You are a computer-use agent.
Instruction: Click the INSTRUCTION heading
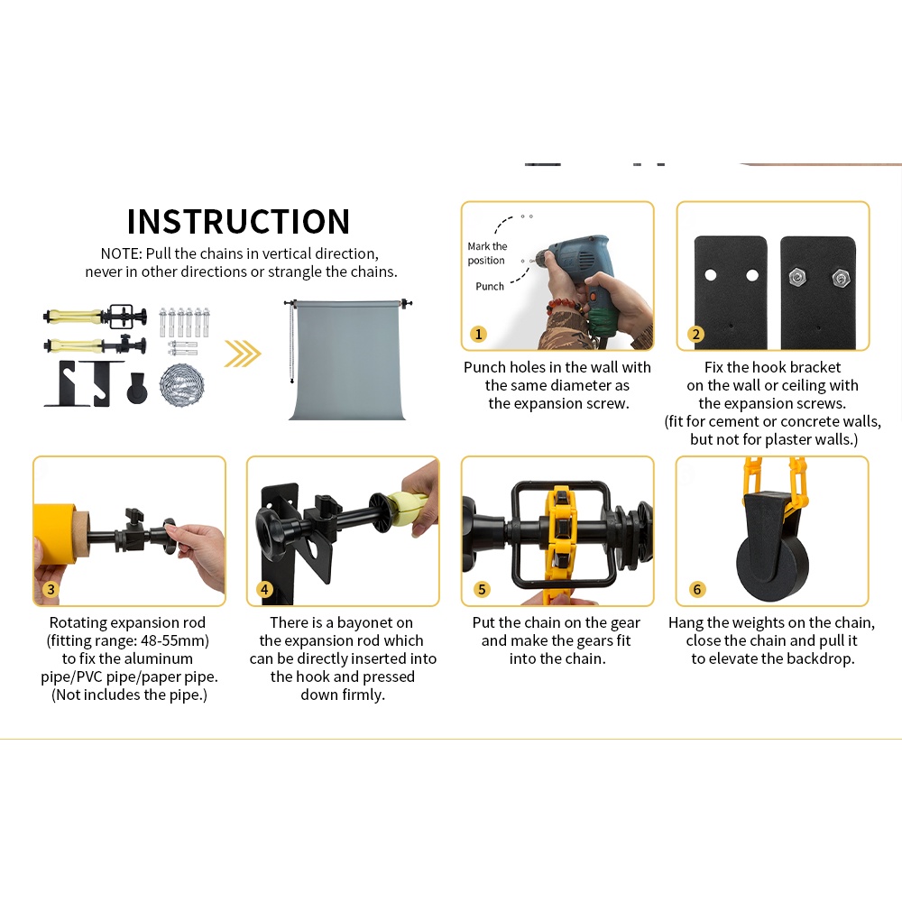tap(238, 222)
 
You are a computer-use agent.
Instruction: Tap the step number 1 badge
tap(479, 335)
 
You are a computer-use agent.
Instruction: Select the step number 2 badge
tap(695, 335)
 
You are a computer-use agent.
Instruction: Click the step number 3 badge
tap(51, 590)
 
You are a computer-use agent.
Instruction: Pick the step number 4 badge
tap(265, 590)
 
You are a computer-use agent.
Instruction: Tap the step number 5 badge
tap(482, 590)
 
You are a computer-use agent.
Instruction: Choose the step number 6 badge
tap(696, 590)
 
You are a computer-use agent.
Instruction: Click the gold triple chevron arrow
tap(242, 354)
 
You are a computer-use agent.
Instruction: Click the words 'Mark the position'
tap(487, 253)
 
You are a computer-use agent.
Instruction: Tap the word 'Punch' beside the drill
tap(490, 286)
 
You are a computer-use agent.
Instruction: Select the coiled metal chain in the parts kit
tap(181, 384)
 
